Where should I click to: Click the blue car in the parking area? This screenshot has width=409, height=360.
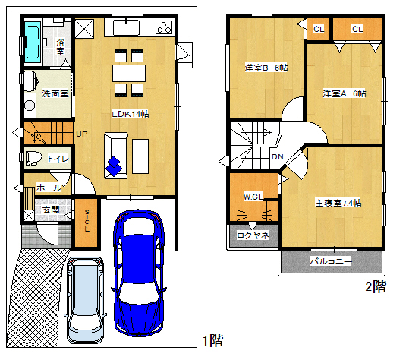pos(139,273)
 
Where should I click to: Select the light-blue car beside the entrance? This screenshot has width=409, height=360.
pos(86,300)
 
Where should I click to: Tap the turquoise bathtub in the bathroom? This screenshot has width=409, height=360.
pos(33,43)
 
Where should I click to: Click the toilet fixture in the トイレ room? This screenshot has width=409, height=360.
pos(34,158)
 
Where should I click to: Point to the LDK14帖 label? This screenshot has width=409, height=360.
pos(131,114)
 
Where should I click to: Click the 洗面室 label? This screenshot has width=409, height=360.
pos(55,93)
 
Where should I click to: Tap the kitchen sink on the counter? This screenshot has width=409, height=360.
pos(126,27)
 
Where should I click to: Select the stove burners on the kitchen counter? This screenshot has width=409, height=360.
pos(164,27)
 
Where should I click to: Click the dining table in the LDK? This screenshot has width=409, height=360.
pos(129,74)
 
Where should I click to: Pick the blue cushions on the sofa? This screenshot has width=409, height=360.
pos(114,166)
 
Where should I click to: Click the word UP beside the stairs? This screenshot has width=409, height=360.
pos(82,134)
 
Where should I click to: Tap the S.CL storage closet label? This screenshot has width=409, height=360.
pos(87,221)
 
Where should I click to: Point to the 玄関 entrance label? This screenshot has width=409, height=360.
pos(51,210)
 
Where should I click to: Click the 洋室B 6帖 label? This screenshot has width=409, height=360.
pos(266,68)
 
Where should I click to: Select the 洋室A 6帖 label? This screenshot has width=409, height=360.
pos(345,93)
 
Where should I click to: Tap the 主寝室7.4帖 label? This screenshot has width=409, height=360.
pos(338,203)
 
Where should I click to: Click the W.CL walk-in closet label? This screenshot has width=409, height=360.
pos(253,197)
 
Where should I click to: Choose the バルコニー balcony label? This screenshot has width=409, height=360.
pos(331,261)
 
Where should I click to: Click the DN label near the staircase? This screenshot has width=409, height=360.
pos(278,157)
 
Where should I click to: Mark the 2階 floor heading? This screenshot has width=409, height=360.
pos(376,286)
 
